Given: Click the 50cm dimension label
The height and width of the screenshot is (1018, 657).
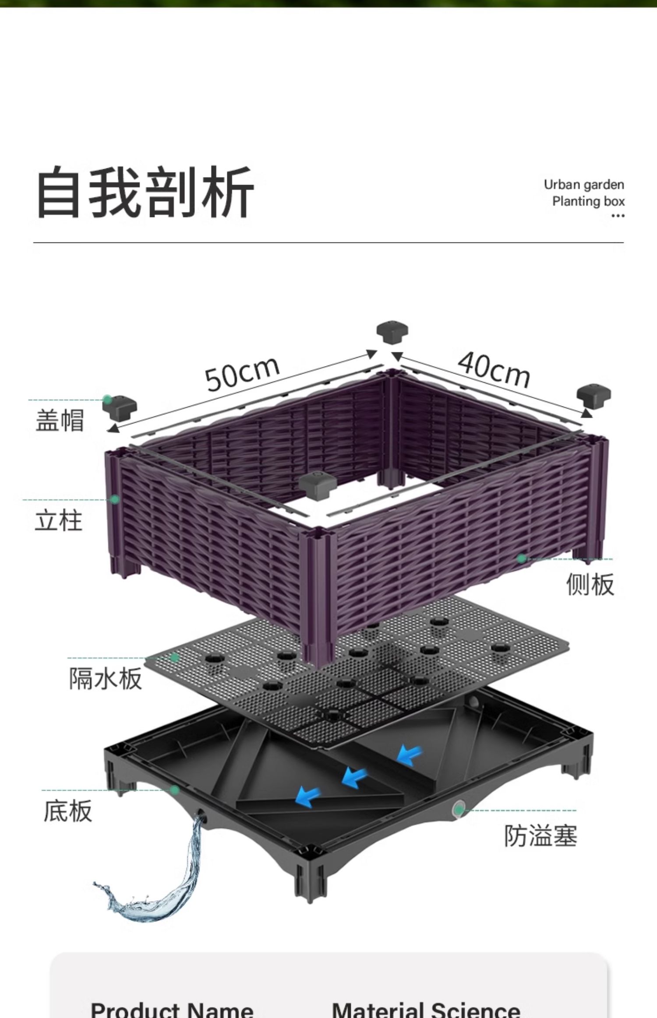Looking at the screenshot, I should pyautogui.click(x=242, y=374).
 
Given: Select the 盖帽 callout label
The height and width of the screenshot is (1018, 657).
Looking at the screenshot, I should pyautogui.click(x=60, y=420).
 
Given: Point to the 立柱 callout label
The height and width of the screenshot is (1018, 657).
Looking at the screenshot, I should pyautogui.click(x=59, y=521).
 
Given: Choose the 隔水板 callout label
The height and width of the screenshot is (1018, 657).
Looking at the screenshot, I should pyautogui.click(x=106, y=679).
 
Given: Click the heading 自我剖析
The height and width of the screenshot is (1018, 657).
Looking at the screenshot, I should pyautogui.click(x=145, y=192).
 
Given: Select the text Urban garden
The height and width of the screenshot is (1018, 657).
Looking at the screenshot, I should pyautogui.click(x=584, y=185).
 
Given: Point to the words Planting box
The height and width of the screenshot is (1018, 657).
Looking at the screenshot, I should pyautogui.click(x=588, y=201).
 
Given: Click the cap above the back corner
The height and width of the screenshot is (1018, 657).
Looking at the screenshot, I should pyautogui.click(x=392, y=332).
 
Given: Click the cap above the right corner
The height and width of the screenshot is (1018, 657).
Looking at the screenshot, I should pyautogui.click(x=593, y=395).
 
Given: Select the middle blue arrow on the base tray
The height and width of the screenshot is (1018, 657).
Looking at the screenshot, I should pyautogui.click(x=354, y=777).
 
